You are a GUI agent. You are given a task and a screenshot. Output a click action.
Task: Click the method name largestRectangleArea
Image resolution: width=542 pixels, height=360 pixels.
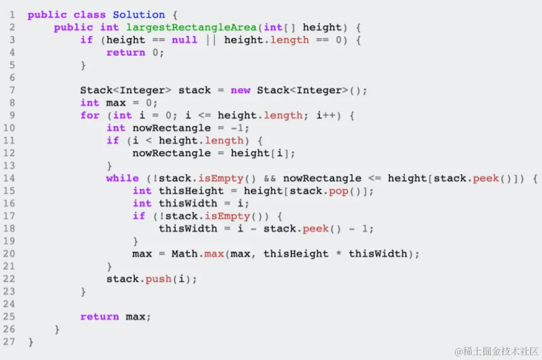tap(191, 27)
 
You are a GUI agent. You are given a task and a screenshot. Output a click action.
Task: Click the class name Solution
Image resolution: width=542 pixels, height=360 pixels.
tap(139, 15)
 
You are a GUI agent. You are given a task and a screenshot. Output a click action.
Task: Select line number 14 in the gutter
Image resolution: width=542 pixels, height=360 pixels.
tap(11, 178)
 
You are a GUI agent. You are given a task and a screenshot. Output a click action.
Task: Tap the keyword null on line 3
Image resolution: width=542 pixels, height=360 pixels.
tap(184, 40)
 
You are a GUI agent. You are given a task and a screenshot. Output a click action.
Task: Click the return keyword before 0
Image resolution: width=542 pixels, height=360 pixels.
tap(125, 53)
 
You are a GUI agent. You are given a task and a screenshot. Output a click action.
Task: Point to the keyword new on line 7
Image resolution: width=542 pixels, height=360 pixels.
tap(240, 91)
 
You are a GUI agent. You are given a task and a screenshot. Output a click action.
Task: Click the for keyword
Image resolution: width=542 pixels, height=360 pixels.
tap(90, 115)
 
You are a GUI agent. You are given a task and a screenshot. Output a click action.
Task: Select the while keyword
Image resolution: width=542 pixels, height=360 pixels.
tap(122, 178)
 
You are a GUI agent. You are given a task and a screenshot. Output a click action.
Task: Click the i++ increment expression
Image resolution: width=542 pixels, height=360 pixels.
tap(326, 115)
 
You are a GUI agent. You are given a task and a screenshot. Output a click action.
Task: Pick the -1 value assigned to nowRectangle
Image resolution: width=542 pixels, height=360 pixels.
tap(240, 128)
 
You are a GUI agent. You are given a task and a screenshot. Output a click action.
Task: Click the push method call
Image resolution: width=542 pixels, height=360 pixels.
tap(159, 279)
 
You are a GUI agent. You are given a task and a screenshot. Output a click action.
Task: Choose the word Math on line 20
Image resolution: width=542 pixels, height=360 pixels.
tap(184, 254)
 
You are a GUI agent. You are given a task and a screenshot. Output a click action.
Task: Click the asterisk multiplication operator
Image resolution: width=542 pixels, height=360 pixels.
tap(339, 254)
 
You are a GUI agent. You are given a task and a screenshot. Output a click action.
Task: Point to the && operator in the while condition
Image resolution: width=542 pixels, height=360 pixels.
tap(270, 178)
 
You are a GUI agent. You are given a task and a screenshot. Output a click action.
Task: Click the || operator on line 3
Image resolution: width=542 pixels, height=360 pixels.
tap(211, 40)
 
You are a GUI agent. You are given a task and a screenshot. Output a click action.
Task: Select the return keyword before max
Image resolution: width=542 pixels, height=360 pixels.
tap(100, 317)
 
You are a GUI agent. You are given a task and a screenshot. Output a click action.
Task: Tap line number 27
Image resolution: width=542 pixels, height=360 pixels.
tap(11, 342)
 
